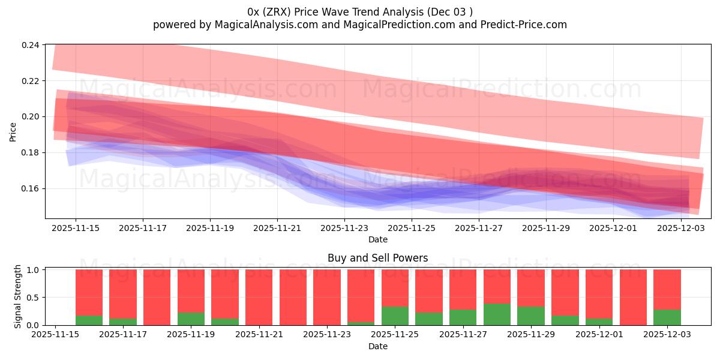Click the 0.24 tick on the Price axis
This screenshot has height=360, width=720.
(31, 45)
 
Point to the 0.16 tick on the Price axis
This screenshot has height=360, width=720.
(31, 188)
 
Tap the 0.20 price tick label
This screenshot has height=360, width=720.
(31, 116)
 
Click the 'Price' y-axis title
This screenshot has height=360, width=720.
(13, 132)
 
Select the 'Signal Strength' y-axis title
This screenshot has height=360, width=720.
(18, 296)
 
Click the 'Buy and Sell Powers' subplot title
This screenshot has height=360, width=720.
(377, 259)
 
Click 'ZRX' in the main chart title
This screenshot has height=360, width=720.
(280, 11)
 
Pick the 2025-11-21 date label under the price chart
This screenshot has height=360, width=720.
(277, 228)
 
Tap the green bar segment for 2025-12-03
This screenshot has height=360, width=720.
(667, 317)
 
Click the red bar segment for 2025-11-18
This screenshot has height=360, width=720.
(157, 297)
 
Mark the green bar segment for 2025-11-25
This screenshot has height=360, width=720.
(395, 316)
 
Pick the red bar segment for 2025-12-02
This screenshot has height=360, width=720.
(633, 297)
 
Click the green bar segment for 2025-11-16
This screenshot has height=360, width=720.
(89, 320)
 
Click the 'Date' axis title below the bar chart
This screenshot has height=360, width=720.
(377, 346)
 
